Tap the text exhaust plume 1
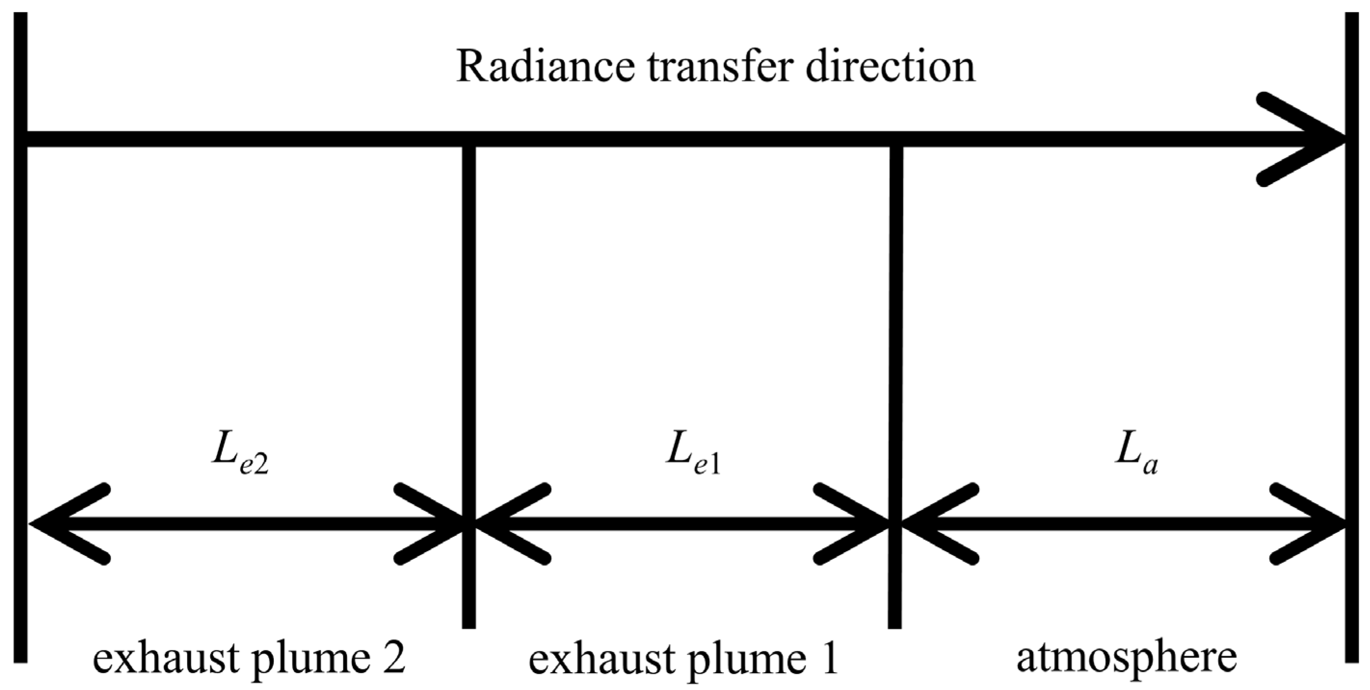tap(684, 659)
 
